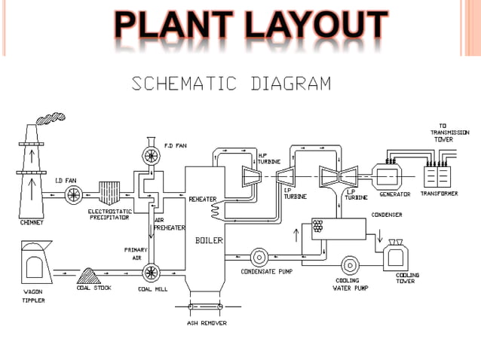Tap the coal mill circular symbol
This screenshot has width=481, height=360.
point(151,270)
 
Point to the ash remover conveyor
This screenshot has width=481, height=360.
point(207,307)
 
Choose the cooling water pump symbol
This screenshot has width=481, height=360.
point(351,266)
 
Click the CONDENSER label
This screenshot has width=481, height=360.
point(387,214)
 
